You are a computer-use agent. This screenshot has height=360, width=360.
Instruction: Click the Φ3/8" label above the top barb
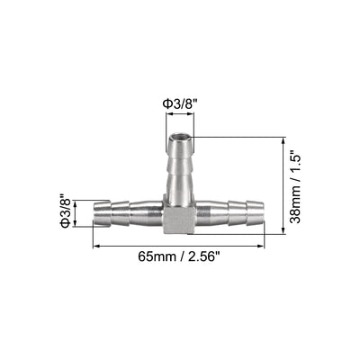click(180, 103)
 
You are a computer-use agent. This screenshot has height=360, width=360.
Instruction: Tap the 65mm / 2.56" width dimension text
click(180, 256)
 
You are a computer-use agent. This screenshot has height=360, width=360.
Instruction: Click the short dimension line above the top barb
click(180, 116)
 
